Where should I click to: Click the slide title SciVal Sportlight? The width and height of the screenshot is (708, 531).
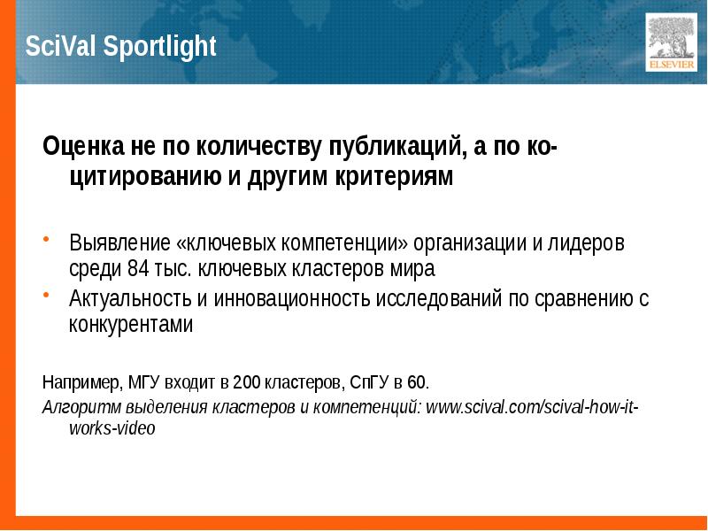point(121,47)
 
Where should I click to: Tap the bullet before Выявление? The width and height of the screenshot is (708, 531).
point(47,241)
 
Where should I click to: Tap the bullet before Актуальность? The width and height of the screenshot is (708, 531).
point(47,297)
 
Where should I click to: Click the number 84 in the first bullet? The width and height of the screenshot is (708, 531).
point(139,268)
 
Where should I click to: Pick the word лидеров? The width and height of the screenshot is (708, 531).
point(589,242)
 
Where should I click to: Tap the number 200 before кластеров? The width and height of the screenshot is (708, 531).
point(247,383)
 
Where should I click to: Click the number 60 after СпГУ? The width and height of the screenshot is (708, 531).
point(418,383)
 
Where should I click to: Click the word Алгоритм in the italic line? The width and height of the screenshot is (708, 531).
point(76,408)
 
